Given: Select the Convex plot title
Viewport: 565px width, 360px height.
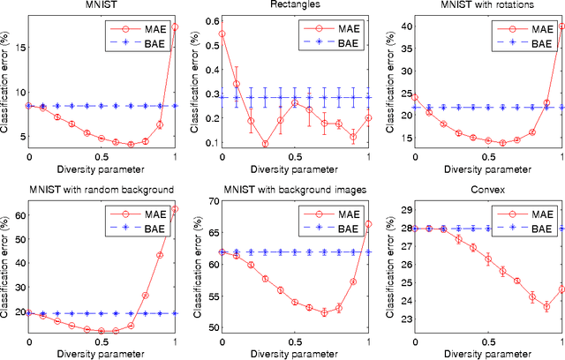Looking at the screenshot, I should pyautogui.click(x=478, y=189).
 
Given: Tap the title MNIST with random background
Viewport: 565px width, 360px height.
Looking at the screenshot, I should pyautogui.click(x=89, y=189).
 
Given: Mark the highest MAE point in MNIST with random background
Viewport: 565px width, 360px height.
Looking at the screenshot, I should pyautogui.click(x=175, y=209).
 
